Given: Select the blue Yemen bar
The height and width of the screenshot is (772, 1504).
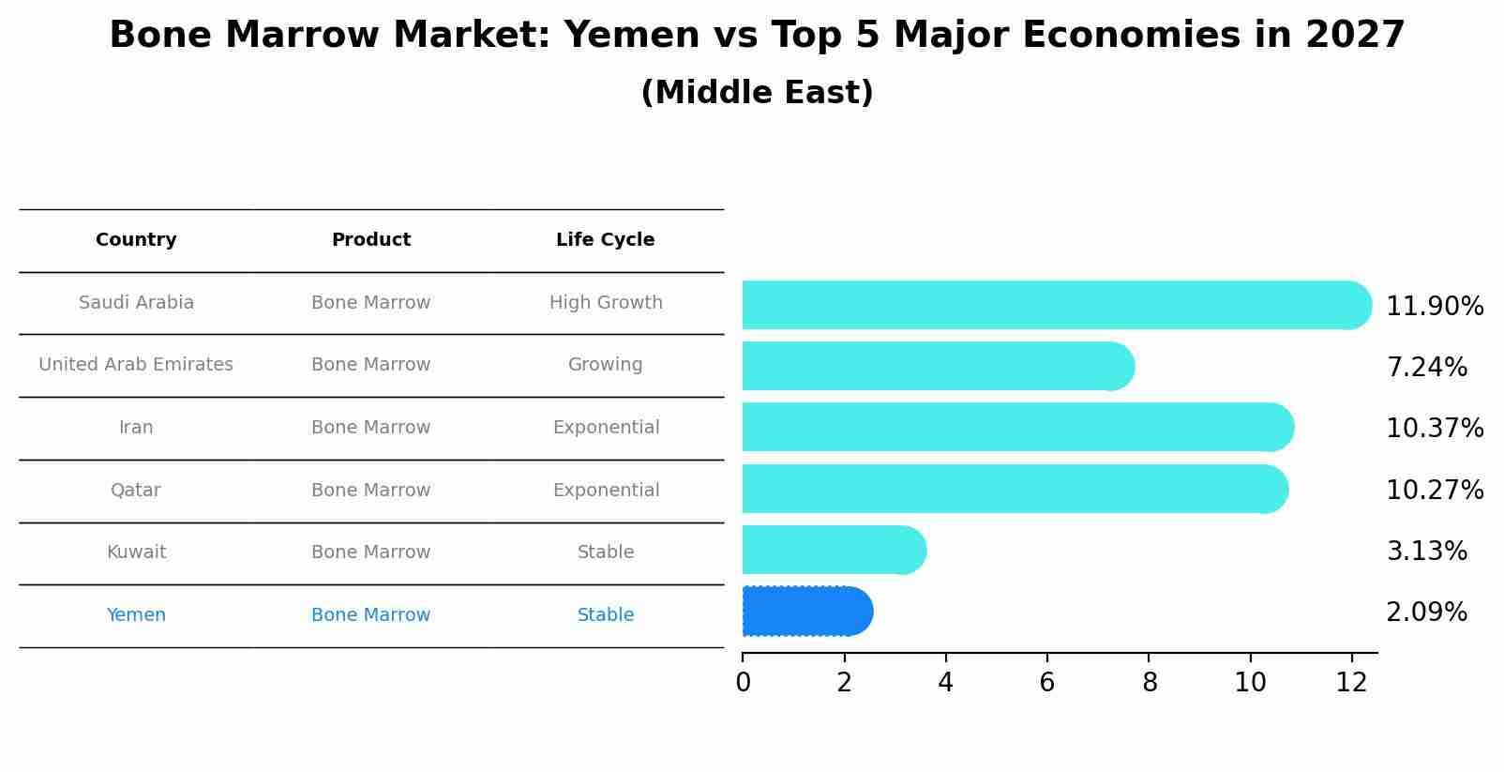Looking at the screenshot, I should click(806, 612).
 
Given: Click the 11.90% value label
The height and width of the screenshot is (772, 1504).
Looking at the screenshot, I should click(1434, 307).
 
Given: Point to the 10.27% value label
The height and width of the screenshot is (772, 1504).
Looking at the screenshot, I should click(1434, 491).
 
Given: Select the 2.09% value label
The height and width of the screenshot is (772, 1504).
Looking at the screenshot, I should click(1426, 613).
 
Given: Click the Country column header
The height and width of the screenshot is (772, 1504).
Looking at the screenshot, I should click(136, 240).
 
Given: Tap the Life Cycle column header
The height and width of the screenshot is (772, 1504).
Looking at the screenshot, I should click(605, 240).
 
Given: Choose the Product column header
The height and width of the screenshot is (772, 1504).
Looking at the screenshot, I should click(370, 240).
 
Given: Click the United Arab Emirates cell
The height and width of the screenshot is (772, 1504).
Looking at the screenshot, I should click(136, 365).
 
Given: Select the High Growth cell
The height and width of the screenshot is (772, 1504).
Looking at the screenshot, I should click(606, 303).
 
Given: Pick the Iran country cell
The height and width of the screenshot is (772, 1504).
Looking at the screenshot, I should click(136, 428).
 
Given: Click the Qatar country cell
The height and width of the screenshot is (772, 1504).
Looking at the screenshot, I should click(136, 491).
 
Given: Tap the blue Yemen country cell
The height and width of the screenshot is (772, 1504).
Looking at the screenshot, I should click(136, 615).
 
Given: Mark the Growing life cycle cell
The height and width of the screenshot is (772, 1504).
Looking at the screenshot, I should click(605, 365).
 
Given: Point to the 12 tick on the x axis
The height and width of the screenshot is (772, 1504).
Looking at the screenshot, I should click(1351, 683).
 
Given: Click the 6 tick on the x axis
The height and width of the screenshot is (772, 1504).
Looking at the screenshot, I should click(1046, 683).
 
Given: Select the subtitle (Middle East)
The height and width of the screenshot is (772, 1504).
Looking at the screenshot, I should click(757, 93).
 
